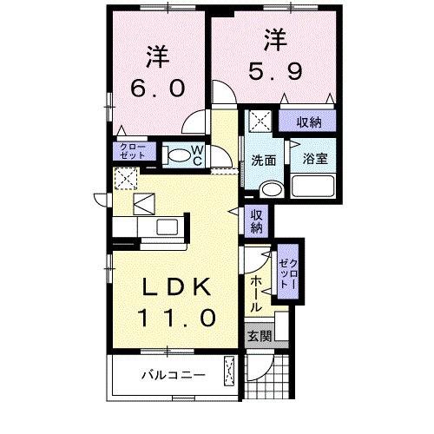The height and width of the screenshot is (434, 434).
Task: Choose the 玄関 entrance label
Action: click(259, 335)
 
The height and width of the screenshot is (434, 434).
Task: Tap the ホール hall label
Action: click(257, 293)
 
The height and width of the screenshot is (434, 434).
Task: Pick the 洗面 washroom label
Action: click(263, 161)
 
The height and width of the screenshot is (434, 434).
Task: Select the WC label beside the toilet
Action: click(197, 155)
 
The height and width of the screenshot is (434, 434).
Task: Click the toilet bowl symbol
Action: click(176, 156)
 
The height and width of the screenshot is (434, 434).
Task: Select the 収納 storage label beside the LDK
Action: click(257, 221)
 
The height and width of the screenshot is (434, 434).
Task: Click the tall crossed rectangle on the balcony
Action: click(229, 372)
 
